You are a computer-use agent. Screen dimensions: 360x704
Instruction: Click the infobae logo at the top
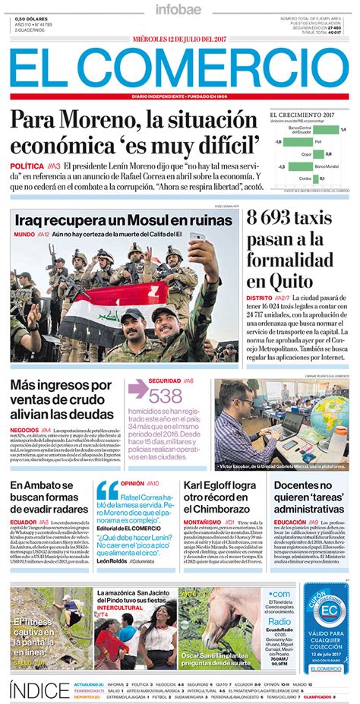pos(179,10)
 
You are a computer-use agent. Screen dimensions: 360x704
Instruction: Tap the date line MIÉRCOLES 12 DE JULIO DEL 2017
pos(179,39)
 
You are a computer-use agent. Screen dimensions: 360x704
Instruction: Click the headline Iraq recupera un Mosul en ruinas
pos(123,220)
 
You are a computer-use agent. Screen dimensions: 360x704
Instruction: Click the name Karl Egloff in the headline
pos(215,486)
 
